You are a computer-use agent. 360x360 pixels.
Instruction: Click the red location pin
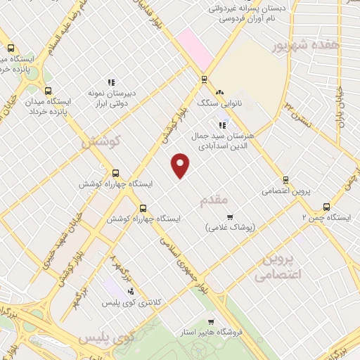181,165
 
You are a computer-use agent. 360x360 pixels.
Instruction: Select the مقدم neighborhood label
216,200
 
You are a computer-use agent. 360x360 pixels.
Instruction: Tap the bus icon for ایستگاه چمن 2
326,207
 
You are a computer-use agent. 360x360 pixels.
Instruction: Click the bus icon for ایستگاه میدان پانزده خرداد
48,91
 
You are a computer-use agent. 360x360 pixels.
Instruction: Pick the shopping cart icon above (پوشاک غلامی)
230,216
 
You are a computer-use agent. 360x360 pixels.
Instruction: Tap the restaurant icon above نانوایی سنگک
219,91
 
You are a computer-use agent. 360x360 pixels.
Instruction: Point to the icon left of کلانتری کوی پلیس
131,290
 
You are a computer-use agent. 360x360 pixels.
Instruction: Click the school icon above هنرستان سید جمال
222,125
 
